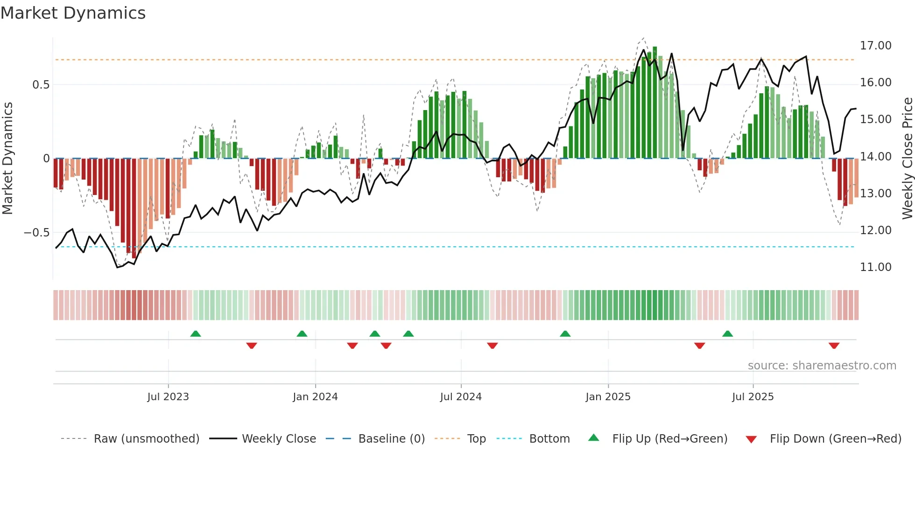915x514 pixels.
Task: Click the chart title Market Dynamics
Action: (73, 13)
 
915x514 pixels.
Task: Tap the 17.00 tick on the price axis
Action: (875, 46)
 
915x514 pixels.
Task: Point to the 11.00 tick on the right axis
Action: (875, 267)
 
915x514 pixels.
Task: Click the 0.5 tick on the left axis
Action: (41, 85)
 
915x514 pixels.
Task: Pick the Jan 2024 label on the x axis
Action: (315, 397)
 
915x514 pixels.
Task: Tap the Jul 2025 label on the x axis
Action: (753, 397)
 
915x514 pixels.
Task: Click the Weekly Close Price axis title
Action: (907, 158)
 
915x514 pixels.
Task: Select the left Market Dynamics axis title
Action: (7, 158)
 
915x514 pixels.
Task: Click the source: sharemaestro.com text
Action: (822, 366)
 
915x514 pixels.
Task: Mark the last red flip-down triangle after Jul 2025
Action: (834, 346)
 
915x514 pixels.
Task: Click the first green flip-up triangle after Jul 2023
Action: (196, 333)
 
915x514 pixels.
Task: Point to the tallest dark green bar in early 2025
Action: (655, 103)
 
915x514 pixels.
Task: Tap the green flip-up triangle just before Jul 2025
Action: (727, 333)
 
